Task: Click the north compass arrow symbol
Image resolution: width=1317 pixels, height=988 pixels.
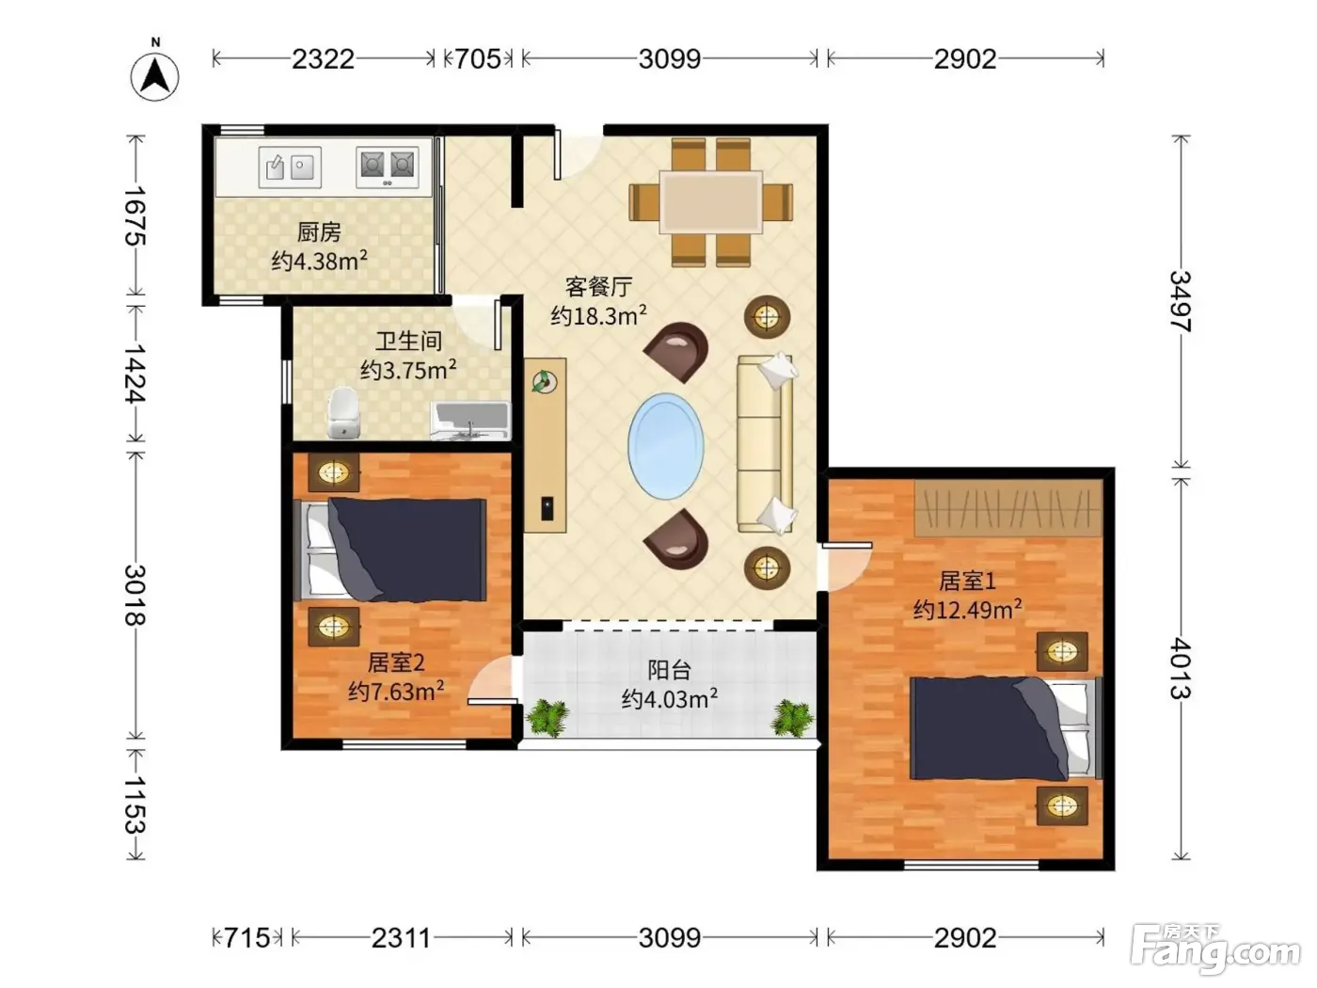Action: pos(155,76)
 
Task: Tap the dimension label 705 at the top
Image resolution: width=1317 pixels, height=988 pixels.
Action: pos(478,58)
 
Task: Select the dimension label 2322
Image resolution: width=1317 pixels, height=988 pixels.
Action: pos(323,59)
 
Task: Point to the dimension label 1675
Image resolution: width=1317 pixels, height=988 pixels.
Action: pos(135,215)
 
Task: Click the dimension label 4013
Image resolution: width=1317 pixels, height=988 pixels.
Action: pos(1181,668)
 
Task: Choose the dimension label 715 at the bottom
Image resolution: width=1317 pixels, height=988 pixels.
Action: pos(246,937)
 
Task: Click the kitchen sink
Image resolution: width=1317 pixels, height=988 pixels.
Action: pos(290,167)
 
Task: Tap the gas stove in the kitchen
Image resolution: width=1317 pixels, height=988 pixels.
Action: pos(387,167)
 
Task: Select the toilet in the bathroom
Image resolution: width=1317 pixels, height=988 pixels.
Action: pos(343,413)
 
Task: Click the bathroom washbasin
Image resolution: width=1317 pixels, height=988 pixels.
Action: pos(470,422)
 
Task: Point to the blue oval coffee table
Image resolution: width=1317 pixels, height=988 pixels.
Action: pos(666,446)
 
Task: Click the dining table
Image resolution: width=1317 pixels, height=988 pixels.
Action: pos(711,201)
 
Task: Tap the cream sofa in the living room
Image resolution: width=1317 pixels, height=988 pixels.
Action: pos(766,444)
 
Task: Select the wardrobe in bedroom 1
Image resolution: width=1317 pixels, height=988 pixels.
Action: pos(1009,507)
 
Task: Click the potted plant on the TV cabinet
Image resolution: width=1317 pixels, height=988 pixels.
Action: pos(544,381)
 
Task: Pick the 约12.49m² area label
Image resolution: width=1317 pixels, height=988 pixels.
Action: pos(968,610)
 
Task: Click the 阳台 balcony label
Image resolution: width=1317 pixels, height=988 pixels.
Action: pos(670,670)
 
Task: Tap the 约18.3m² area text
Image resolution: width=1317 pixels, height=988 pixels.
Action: pos(599,315)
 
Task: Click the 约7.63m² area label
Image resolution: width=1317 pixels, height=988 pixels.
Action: pos(397,691)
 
